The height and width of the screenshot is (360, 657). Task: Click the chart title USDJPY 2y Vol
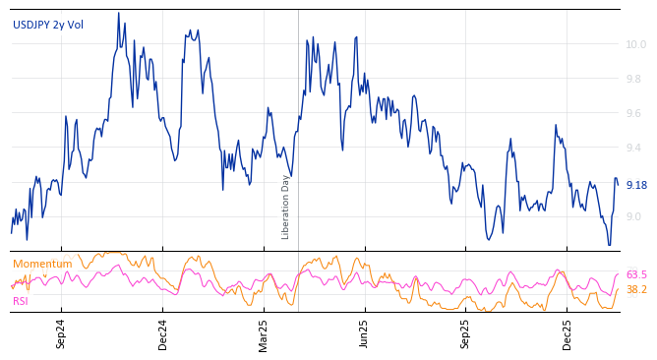pos(48,25)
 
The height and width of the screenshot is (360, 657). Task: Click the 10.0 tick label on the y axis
pos(636,44)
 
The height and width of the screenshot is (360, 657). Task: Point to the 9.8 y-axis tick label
pos(636,79)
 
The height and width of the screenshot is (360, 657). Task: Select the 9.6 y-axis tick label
pos(636,113)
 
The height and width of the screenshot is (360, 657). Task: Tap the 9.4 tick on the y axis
pos(636,148)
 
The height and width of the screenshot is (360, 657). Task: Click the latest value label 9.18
pos(636,185)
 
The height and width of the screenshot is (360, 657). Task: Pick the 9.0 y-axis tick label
pos(636,216)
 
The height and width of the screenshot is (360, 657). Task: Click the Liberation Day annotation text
pos(286,207)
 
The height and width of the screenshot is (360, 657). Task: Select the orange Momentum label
pos(42,264)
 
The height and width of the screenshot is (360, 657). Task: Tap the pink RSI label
pos(21,301)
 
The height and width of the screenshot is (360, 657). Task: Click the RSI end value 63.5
pos(636,274)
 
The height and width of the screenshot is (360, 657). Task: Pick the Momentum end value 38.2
pos(636,289)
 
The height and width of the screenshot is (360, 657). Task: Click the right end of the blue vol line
pos(618,184)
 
